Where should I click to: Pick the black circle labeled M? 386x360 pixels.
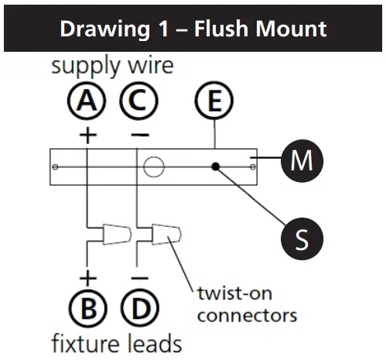[301, 161]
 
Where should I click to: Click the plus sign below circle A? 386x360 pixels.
[87, 135]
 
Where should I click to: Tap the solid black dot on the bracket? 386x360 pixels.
[217, 166]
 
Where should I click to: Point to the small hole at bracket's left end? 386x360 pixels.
[54, 166]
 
